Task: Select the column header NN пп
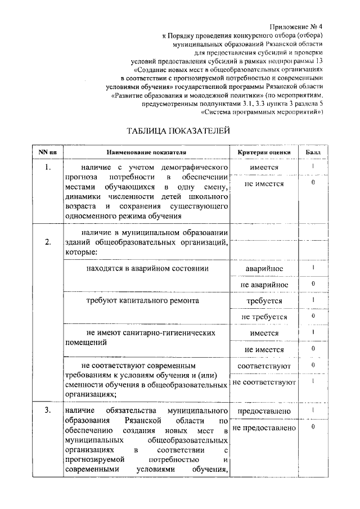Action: [x=47, y=152]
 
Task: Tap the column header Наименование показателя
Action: [x=146, y=152]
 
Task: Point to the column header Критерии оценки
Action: [x=264, y=152]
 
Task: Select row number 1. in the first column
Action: [x=48, y=168]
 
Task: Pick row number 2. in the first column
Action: [x=48, y=242]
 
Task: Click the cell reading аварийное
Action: [x=264, y=269]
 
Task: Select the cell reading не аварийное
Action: [x=264, y=285]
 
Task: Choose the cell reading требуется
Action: [x=264, y=301]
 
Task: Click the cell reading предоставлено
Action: [x=264, y=411]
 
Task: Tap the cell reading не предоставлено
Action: [x=264, y=428]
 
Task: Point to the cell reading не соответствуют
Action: [x=264, y=382]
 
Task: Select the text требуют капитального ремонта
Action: [x=142, y=301]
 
